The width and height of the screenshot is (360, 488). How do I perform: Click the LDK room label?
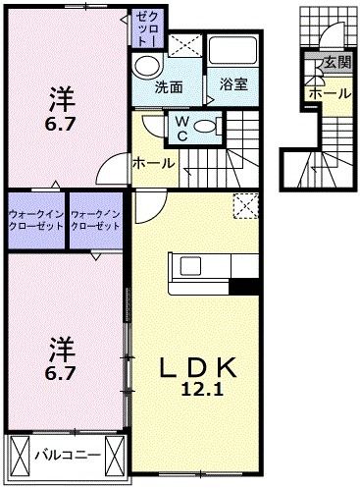tap(200, 367)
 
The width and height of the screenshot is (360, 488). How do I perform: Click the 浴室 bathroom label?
tap(233, 85)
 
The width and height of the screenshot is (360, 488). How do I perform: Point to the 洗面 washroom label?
tap(169, 86)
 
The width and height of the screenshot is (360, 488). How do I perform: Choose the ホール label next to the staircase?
tap(153, 161)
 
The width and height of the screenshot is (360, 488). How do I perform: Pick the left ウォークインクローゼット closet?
tap(35, 218)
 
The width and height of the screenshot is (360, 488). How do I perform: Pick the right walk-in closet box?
tap(96, 218)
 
